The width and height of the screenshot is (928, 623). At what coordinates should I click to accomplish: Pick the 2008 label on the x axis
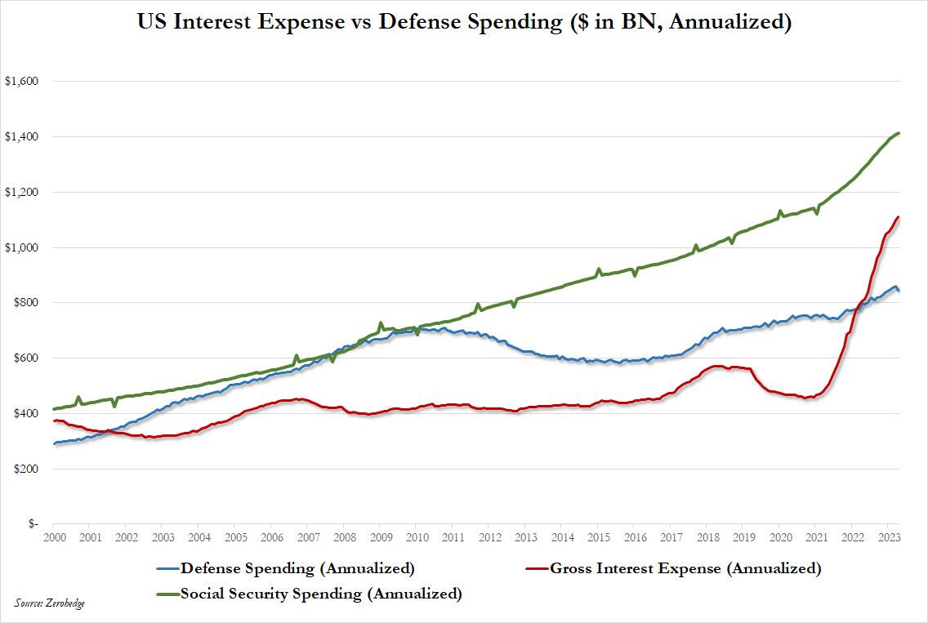tap(343, 539)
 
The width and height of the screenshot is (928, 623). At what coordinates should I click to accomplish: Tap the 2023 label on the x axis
tap(888, 539)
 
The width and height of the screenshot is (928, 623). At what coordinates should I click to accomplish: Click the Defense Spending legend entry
tap(297, 568)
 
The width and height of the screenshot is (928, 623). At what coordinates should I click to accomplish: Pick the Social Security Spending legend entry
tap(321, 594)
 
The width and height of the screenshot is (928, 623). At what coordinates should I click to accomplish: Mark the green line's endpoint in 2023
tap(899, 133)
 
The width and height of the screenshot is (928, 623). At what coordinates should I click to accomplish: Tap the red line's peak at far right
tap(899, 217)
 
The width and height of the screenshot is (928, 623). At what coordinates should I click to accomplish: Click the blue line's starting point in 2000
tap(53, 443)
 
